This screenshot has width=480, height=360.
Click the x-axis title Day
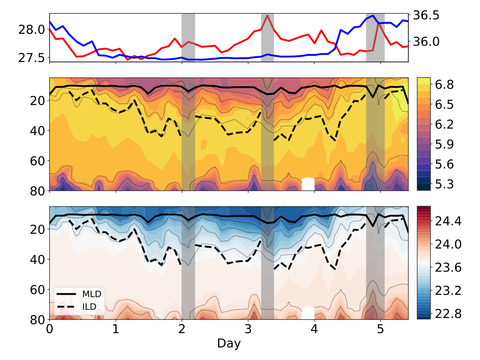coord(229,344)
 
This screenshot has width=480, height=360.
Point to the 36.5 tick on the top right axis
coord(427,15)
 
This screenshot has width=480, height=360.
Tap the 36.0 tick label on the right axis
coord(427,41)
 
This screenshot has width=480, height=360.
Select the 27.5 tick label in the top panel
coord(32,57)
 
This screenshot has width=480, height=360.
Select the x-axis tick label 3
coord(248,330)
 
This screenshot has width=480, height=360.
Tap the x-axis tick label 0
coord(49,330)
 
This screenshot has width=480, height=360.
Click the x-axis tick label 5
coord(380,330)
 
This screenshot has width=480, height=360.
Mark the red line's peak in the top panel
coord(267,15)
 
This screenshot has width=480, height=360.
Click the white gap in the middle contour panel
coord(308,184)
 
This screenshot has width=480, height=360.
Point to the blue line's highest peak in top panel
coord(373,15)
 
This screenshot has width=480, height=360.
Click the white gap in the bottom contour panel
coord(308,313)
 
